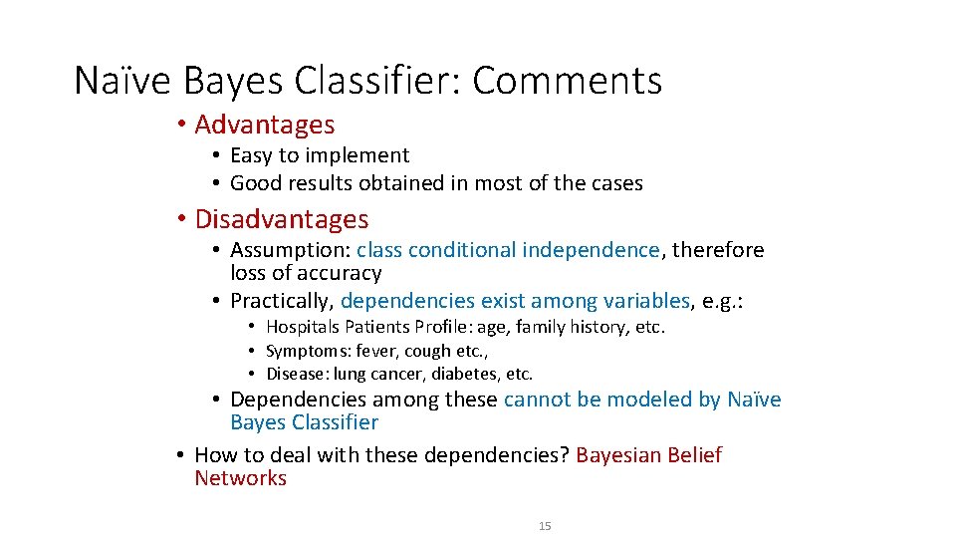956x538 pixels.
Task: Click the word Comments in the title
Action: click(567, 81)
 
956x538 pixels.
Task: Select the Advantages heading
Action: click(265, 125)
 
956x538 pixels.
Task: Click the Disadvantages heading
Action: click(282, 219)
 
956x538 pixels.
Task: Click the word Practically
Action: click(282, 301)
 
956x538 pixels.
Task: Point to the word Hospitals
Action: click(303, 327)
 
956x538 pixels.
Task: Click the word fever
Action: click(379, 351)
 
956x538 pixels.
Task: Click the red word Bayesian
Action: click(620, 455)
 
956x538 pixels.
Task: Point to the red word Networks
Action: click(240, 478)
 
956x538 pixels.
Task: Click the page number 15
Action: click(545, 525)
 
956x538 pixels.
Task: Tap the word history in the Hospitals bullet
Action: click(595, 327)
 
